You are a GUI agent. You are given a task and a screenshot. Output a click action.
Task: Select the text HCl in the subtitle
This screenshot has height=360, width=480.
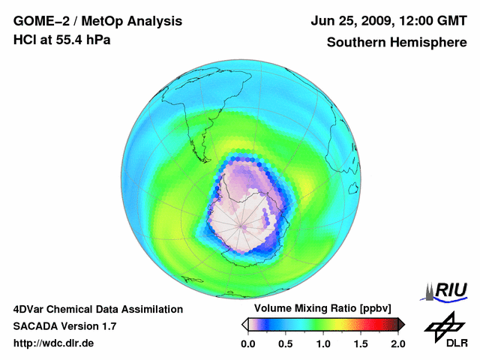(24, 40)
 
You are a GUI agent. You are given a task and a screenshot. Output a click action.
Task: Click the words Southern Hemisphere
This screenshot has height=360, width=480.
(397, 42)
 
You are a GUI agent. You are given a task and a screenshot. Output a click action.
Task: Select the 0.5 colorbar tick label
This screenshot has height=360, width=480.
(285, 343)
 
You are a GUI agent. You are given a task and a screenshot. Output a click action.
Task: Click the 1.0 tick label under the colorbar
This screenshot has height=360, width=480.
(323, 343)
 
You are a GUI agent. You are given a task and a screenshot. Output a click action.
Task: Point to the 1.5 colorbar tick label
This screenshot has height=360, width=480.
(361, 343)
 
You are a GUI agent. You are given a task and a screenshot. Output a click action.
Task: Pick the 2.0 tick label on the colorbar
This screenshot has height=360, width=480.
(398, 343)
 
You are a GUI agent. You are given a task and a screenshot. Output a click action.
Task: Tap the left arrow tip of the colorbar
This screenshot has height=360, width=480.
(244, 324)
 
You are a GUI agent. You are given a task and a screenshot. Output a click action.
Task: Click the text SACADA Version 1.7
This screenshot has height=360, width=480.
(64, 326)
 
